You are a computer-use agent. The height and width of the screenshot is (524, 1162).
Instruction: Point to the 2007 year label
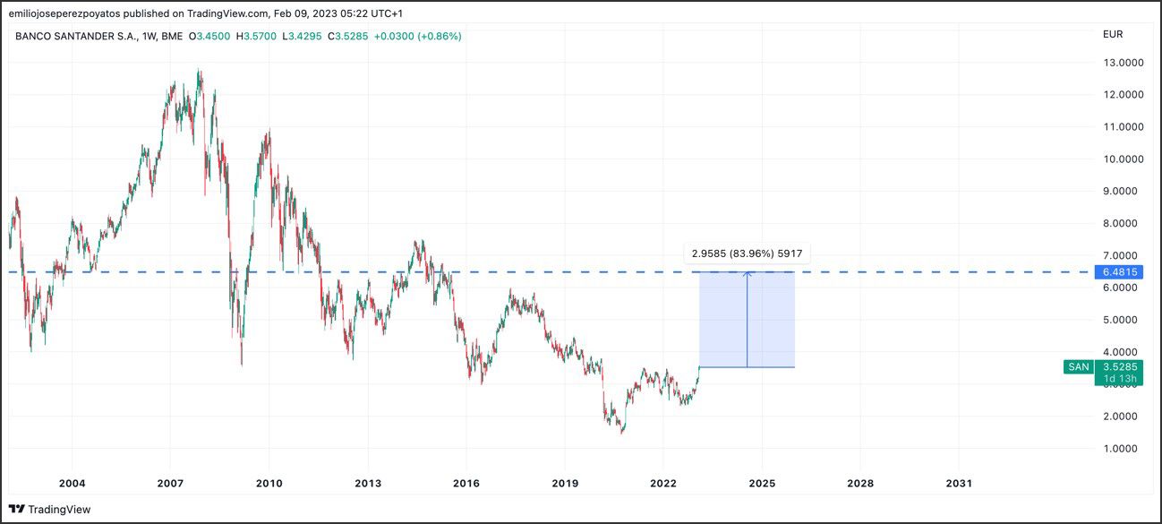[170, 484]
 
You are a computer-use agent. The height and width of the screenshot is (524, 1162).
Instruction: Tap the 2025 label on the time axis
[761, 484]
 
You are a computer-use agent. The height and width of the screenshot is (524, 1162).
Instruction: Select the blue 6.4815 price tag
[1119, 271]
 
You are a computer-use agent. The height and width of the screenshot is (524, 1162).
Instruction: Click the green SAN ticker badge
[1078, 366]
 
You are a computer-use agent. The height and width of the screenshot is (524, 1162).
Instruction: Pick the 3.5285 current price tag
[1120, 366]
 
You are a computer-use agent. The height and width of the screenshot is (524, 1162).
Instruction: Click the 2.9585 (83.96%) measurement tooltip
[748, 253]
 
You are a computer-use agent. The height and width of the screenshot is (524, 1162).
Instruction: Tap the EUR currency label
[1112, 34]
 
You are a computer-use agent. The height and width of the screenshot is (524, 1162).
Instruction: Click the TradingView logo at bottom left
[50, 510]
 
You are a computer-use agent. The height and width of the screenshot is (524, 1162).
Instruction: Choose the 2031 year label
[958, 484]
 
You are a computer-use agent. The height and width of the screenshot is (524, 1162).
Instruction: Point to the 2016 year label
[466, 484]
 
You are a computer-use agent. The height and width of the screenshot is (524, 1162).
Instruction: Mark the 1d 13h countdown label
[1120, 379]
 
